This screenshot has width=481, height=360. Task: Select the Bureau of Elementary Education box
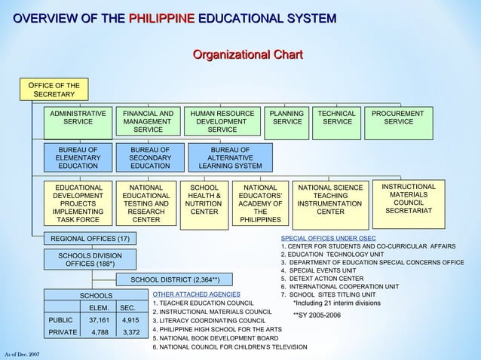78,157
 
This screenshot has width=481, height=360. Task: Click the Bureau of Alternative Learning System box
231,157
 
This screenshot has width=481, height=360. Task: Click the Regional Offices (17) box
90,239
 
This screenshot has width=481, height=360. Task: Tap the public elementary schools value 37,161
99,319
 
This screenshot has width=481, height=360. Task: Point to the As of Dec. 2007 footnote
21,353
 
